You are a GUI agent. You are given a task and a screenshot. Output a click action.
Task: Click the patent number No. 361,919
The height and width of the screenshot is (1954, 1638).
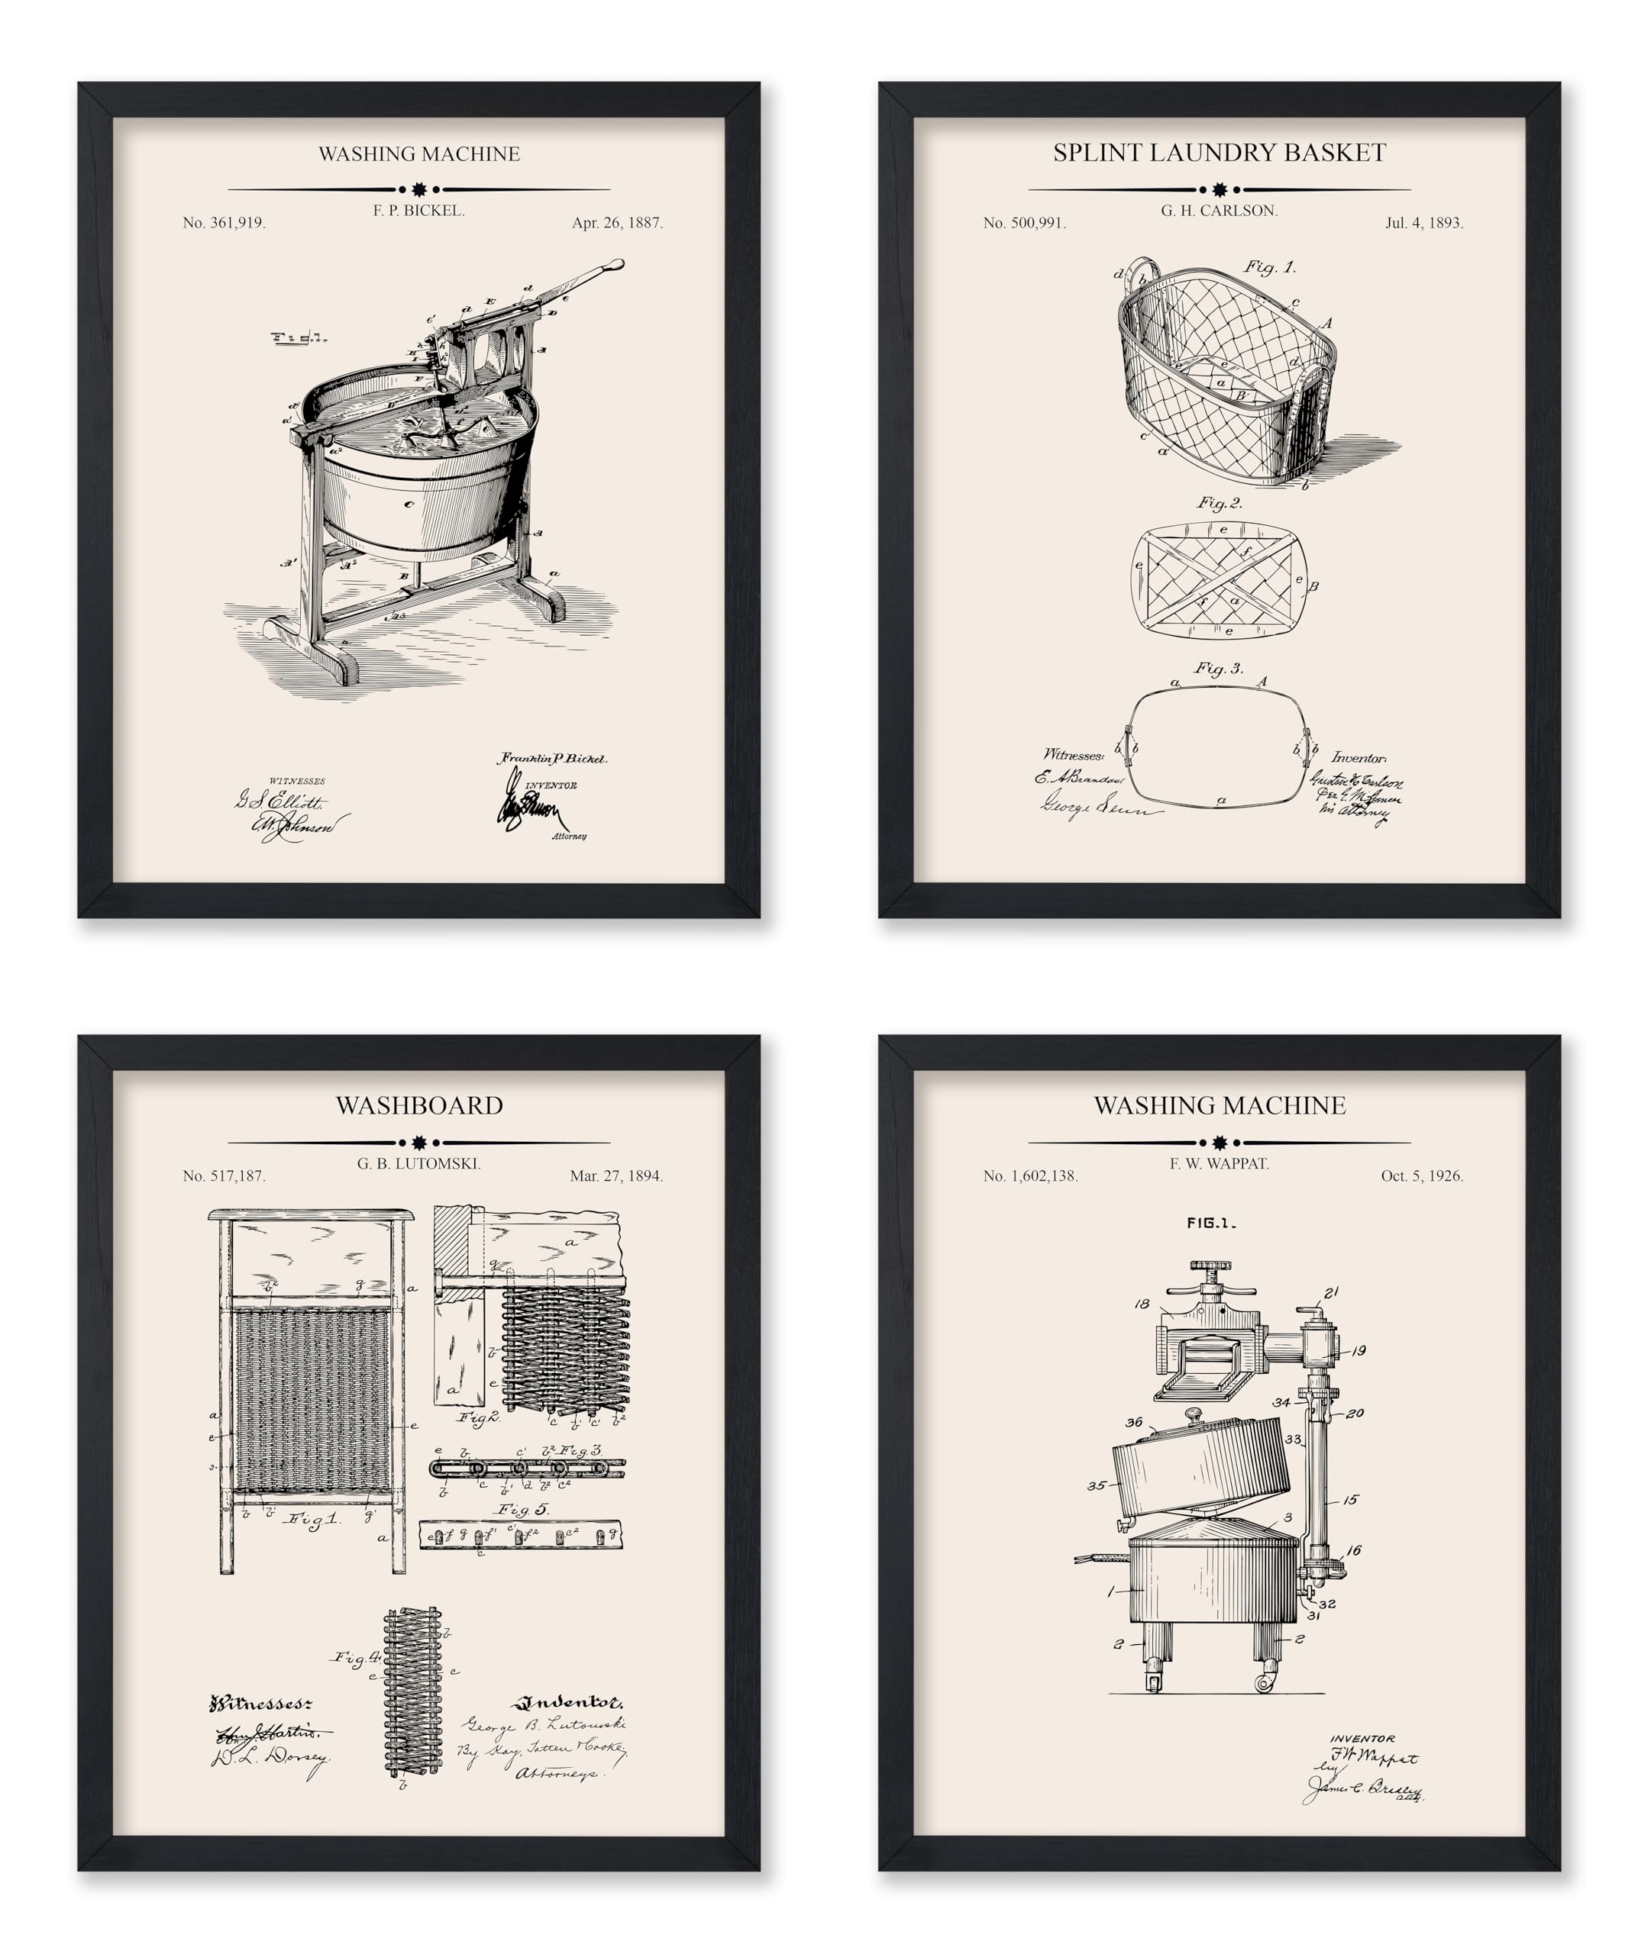click(225, 224)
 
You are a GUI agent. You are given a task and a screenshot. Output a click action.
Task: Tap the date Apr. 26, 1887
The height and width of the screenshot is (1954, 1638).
click(617, 224)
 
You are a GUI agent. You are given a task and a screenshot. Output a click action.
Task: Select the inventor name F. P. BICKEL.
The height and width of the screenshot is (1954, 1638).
click(418, 211)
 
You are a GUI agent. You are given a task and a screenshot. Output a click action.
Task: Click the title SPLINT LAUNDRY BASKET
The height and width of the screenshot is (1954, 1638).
click(1220, 153)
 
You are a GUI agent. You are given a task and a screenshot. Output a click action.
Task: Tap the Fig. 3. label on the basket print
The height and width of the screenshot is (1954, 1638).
click(1220, 668)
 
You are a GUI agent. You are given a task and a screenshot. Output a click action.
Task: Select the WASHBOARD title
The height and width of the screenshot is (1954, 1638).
click(418, 1105)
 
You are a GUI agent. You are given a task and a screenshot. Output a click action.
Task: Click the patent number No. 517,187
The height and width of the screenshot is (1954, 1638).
click(225, 1176)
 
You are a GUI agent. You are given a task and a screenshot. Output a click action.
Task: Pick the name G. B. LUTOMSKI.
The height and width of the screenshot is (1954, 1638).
click(418, 1164)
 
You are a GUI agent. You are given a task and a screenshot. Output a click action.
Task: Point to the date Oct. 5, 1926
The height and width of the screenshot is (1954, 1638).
click(1422, 1176)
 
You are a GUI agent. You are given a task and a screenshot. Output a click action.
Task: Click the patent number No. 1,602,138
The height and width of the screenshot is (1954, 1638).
click(1030, 1176)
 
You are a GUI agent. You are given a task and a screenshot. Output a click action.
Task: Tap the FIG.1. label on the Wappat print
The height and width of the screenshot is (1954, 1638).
click(1211, 1224)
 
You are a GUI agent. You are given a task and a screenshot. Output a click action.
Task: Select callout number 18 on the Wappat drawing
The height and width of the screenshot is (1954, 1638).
click(1142, 1304)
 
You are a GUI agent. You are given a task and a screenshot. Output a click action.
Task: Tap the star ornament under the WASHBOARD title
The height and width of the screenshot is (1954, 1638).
click(418, 1143)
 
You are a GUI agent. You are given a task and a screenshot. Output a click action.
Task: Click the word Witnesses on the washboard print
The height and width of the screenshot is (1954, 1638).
click(260, 1704)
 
